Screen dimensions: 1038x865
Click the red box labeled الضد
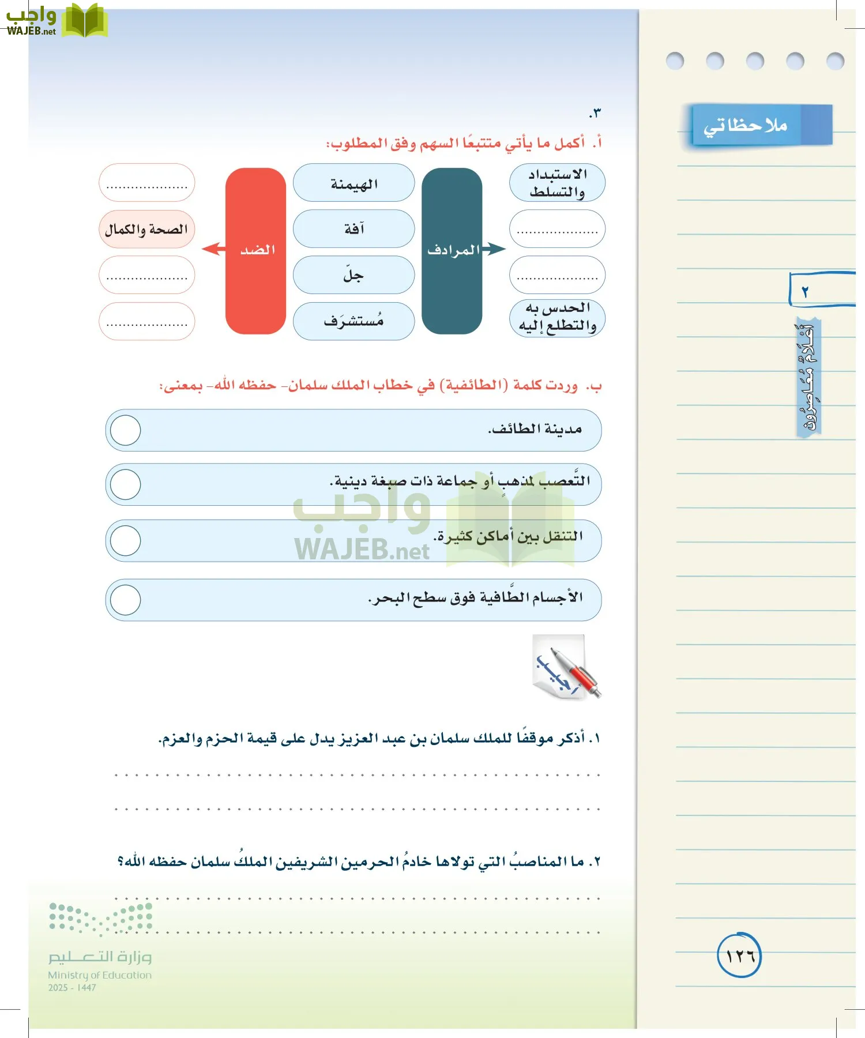(x=255, y=251)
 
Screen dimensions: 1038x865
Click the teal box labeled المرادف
(x=452, y=251)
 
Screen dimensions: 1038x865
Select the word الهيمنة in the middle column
(x=353, y=183)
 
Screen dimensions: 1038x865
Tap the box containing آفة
(x=353, y=229)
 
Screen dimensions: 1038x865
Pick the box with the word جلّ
(x=353, y=275)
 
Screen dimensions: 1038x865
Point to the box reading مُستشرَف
(x=353, y=321)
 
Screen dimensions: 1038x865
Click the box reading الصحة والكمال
(x=146, y=229)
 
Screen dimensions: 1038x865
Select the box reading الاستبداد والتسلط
(x=557, y=183)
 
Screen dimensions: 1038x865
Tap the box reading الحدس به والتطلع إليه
(x=557, y=317)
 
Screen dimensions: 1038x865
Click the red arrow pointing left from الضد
(x=212, y=249)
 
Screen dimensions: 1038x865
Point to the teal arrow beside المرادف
(x=494, y=249)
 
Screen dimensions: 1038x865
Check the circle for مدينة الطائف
(x=125, y=430)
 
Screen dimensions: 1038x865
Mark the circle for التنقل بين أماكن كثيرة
(x=125, y=541)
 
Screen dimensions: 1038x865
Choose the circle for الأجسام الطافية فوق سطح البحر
(x=125, y=600)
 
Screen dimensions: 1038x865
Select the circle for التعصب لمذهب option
(x=125, y=484)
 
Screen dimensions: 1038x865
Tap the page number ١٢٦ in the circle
(x=739, y=956)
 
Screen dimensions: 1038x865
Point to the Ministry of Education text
(x=100, y=975)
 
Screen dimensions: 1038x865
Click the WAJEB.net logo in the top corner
(x=57, y=21)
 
